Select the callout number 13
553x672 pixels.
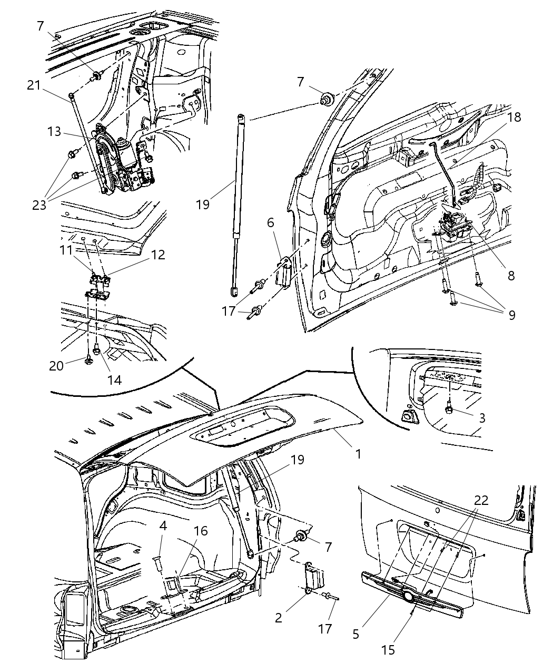coord(54,132)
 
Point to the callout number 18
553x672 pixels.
coord(513,117)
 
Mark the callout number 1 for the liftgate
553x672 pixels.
coord(358,453)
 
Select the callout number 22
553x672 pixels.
coord(481,500)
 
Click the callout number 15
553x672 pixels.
coord(388,650)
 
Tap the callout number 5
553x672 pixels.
coord(356,634)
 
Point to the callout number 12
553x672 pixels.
coord(157,255)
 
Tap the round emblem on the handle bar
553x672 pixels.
coord(408,596)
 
